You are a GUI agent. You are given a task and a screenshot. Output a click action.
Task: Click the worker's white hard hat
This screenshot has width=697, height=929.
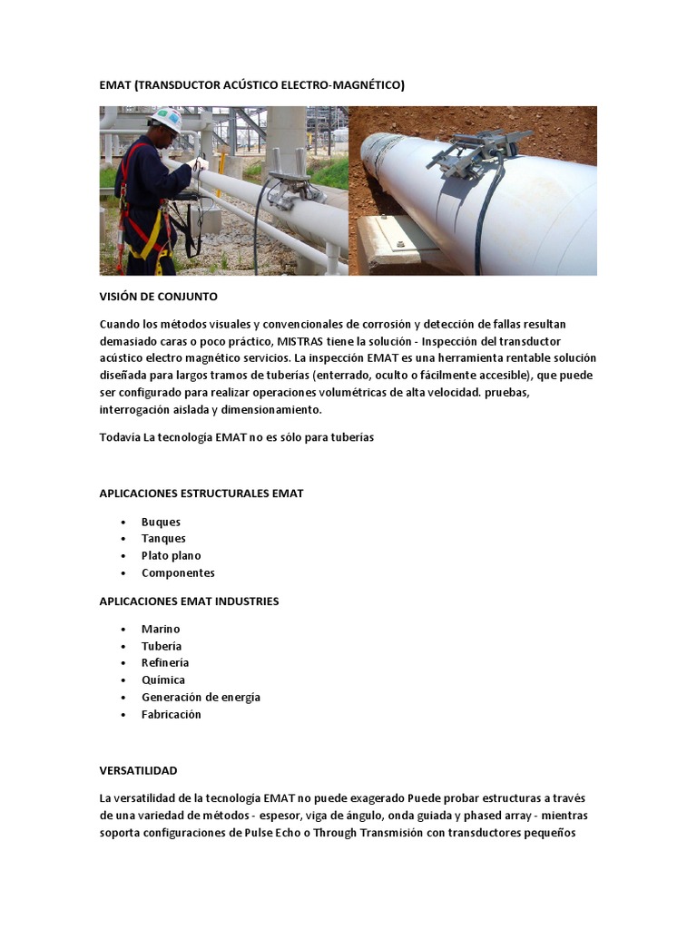click(x=167, y=118)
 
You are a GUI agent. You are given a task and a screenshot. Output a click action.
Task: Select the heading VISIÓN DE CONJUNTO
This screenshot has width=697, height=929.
click(x=158, y=297)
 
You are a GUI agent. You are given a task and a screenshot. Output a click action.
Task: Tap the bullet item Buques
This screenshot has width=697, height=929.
click(x=161, y=522)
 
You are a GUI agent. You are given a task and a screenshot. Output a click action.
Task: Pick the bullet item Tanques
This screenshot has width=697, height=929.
click(x=163, y=539)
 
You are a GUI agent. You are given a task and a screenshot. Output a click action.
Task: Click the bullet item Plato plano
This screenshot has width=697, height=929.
click(x=171, y=555)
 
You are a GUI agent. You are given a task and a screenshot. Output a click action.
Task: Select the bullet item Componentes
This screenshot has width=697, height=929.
click(x=178, y=572)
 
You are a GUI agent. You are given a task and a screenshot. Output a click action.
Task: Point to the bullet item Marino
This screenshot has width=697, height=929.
click(x=161, y=629)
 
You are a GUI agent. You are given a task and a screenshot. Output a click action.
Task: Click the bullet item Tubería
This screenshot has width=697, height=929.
click(x=162, y=646)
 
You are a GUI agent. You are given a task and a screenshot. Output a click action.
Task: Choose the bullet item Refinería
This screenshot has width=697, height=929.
click(x=165, y=662)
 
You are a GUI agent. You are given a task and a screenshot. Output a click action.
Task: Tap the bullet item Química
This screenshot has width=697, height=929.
click(x=163, y=680)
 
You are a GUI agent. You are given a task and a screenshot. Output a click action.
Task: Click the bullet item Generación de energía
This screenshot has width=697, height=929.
click(x=201, y=697)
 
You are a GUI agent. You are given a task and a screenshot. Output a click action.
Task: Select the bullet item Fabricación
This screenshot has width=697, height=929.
click(x=172, y=714)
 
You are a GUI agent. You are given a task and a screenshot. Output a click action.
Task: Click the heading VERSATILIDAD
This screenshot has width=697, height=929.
click(x=138, y=770)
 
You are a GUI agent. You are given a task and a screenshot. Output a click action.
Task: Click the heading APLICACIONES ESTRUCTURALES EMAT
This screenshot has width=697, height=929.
click(x=201, y=494)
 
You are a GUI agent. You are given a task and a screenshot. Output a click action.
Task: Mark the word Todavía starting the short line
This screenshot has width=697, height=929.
click(x=120, y=437)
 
